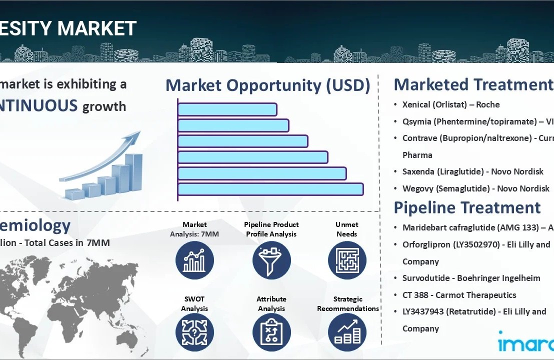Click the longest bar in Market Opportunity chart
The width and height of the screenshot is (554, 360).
coord(270,189)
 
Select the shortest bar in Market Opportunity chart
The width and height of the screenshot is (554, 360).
coord(227,109)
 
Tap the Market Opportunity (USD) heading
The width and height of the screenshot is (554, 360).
coord(267,85)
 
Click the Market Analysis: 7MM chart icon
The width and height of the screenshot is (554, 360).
coord(194,260)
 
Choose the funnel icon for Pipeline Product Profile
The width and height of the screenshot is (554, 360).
coord(271,260)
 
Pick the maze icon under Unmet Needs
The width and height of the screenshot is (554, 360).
coord(347,260)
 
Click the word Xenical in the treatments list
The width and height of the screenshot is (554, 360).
coord(417,105)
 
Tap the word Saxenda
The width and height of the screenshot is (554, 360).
coord(419,172)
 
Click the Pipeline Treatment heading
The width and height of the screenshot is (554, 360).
coord(467,207)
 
